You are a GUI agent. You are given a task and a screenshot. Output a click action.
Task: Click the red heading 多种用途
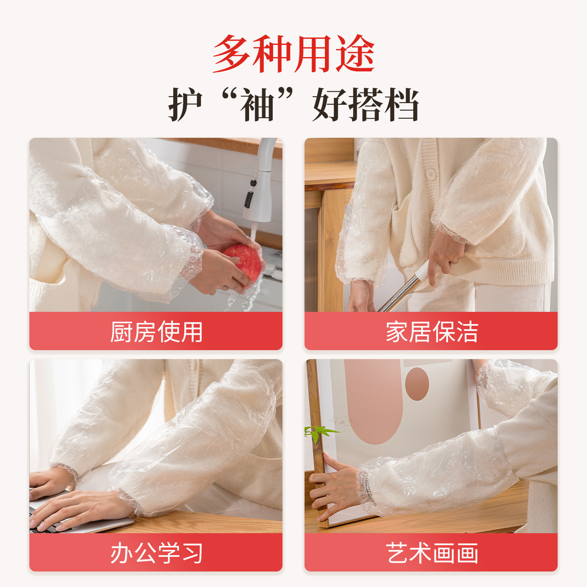[x=293, y=54]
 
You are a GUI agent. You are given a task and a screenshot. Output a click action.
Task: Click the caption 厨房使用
[x=156, y=332]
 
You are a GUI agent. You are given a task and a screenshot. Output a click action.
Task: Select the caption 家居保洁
[x=431, y=332]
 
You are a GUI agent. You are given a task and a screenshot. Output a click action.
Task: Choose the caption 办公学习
[x=156, y=553]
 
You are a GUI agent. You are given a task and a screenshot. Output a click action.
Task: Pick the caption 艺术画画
[x=431, y=553]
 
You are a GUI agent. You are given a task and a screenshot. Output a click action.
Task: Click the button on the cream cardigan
[x=430, y=174]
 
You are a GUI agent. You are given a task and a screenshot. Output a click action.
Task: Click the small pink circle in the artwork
[x=417, y=384]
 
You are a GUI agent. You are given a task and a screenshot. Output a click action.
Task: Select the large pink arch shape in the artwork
[x=373, y=404]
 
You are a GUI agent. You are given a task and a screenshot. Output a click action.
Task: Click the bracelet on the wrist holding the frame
[x=369, y=489]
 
